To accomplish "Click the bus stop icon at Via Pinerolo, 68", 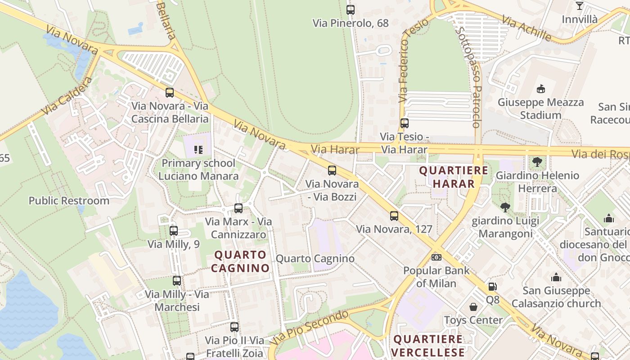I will pos(351,9).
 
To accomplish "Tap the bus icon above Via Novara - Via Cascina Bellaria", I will pos(170,93).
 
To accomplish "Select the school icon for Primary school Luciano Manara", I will pos(198,149).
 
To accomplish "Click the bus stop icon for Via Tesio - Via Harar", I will pos(405,123).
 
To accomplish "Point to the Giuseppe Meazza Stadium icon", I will pos(540,89).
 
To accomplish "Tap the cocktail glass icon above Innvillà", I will pos(580,6).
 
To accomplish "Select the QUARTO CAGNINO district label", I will pos(240,261).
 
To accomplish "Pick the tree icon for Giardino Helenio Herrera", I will pos(537,162).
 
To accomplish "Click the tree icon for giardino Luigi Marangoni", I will pos(505,207).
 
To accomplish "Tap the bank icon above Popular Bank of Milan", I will pos(436,257).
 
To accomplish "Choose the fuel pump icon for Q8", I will pos(493,286).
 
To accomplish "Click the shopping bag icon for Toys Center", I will pos(473,307).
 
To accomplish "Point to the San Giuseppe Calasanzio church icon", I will pos(556,277).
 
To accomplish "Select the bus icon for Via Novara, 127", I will pos(394,216).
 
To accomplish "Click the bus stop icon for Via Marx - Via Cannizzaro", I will pos(238,208).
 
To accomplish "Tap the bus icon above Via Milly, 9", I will pos(174,231).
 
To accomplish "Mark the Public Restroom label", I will pos(69,201).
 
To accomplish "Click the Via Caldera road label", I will pos(67,96).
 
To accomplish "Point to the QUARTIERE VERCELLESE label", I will pos(428,345).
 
